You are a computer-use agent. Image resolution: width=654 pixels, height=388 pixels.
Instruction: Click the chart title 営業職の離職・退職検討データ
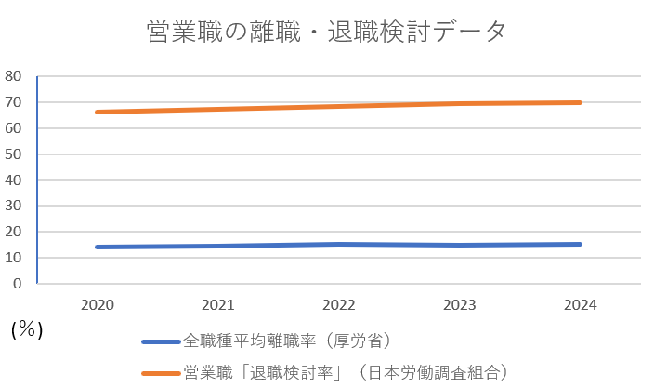click(327, 32)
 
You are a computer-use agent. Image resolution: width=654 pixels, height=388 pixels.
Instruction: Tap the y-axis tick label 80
click(13, 76)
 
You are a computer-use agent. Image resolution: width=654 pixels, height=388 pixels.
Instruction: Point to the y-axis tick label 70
click(13, 102)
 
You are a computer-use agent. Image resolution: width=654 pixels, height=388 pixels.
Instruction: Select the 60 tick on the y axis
click(13, 128)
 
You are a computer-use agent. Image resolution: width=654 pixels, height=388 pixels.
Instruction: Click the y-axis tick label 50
click(13, 154)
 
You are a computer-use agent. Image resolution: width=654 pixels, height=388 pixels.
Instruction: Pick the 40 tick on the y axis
click(13, 180)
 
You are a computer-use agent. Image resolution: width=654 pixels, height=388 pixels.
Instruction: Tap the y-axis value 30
click(13, 206)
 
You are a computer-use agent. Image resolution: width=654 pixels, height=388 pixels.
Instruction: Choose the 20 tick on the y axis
click(13, 232)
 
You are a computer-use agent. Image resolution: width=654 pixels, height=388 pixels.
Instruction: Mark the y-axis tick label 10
click(13, 258)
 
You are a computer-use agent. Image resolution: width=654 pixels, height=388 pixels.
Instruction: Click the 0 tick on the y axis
click(18, 284)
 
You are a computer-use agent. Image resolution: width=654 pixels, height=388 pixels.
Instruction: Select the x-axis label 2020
click(98, 304)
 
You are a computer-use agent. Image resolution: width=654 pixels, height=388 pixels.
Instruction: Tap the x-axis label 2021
click(217, 304)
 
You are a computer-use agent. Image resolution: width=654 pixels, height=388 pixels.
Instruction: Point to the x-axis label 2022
click(338, 304)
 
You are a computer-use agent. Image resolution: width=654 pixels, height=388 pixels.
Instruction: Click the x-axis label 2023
click(459, 304)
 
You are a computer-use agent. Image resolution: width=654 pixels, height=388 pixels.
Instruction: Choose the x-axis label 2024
click(580, 304)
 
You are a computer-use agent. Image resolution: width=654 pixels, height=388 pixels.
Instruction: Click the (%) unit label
click(27, 329)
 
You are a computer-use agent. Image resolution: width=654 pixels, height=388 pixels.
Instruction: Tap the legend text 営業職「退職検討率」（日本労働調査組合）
click(346, 371)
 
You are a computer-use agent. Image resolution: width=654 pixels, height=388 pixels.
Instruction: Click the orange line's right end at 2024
click(580, 102)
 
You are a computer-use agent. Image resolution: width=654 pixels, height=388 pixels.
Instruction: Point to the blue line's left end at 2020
click(98, 247)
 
